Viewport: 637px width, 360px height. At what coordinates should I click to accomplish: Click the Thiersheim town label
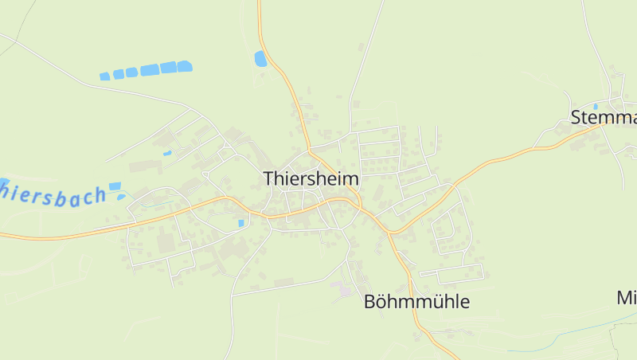(x=311, y=179)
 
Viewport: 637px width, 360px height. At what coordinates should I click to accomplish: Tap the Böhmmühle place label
(x=416, y=302)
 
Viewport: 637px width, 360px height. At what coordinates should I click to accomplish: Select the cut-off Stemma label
(x=604, y=118)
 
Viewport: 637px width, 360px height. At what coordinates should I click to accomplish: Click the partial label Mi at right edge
(x=627, y=298)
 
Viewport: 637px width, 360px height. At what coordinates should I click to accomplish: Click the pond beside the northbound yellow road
(x=260, y=58)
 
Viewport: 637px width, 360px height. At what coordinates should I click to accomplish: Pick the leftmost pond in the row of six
(x=104, y=76)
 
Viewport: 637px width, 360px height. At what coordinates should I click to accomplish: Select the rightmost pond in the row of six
(x=184, y=66)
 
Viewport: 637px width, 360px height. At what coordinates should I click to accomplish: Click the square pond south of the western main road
(x=240, y=223)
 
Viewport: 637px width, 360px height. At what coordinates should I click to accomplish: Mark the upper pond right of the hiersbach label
(x=115, y=186)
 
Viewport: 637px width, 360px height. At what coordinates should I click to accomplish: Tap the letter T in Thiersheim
(x=269, y=179)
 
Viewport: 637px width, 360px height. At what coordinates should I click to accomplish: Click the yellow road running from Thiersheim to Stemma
(x=478, y=167)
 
